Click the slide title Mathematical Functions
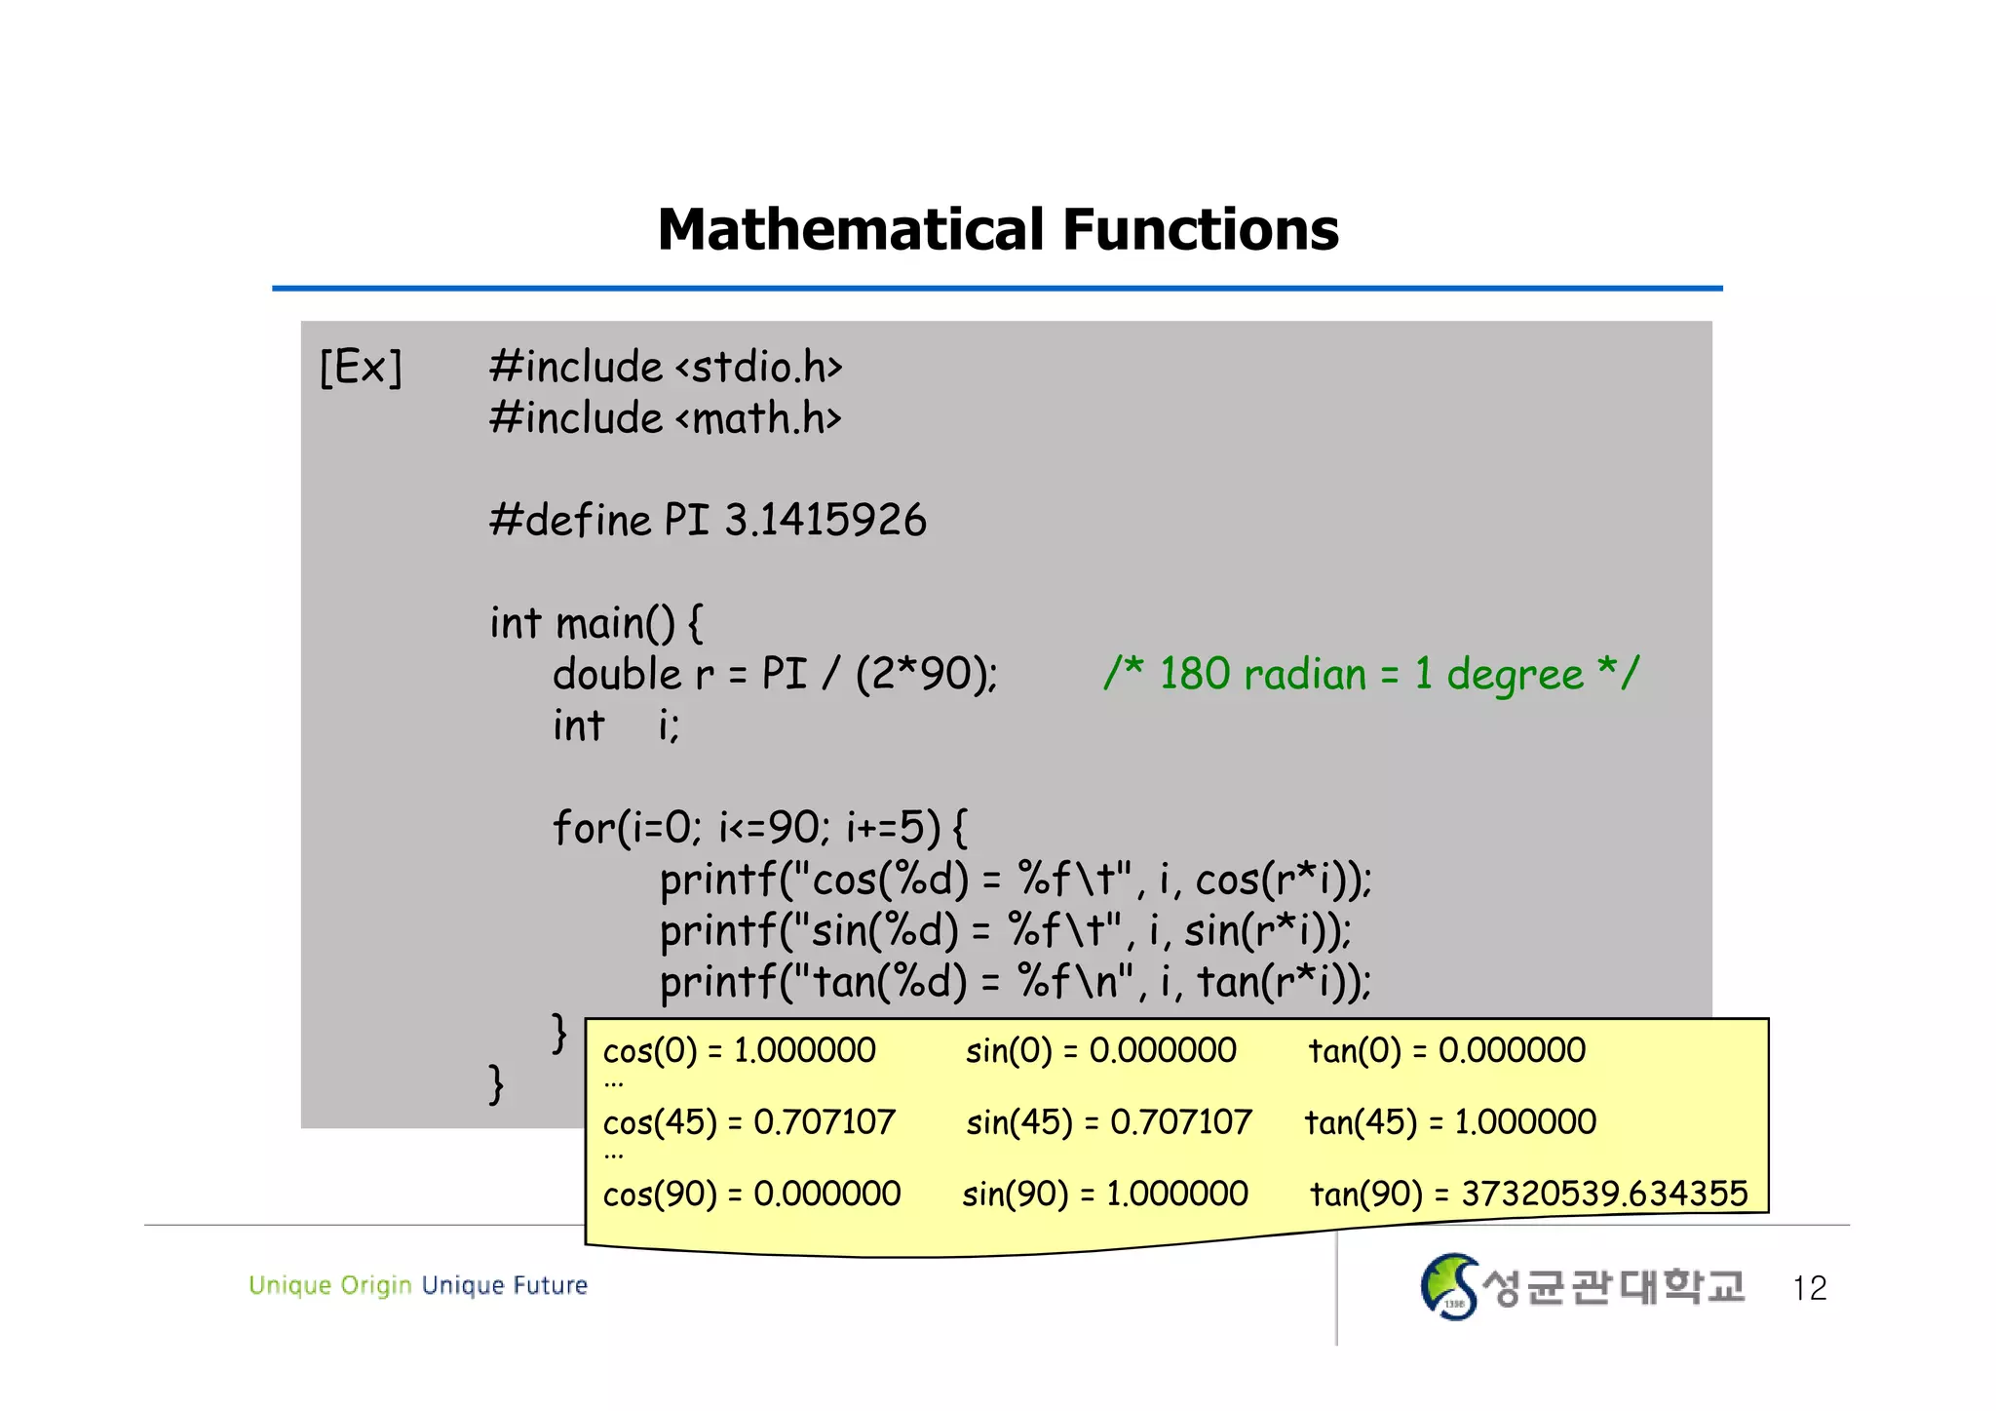[x=998, y=230]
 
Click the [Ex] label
[x=361, y=368]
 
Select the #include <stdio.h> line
[x=666, y=368]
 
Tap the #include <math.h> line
[x=666, y=418]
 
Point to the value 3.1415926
[x=825, y=520]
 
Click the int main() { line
[x=596, y=623]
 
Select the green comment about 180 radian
[x=1370, y=674]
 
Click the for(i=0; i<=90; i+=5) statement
[x=760, y=828]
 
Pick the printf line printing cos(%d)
[x=1016, y=880]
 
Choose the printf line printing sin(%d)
[x=1005, y=930]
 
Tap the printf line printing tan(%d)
[x=1016, y=982]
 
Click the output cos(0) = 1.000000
[x=739, y=1051]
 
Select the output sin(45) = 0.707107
[x=1108, y=1122]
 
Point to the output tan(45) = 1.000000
[x=1450, y=1122]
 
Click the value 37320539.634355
[x=1604, y=1194]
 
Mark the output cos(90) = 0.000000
[x=751, y=1194]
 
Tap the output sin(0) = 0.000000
[x=1100, y=1051]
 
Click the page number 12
[x=1809, y=1288]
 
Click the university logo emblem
[x=1449, y=1286]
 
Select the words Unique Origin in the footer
[x=329, y=1285]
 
